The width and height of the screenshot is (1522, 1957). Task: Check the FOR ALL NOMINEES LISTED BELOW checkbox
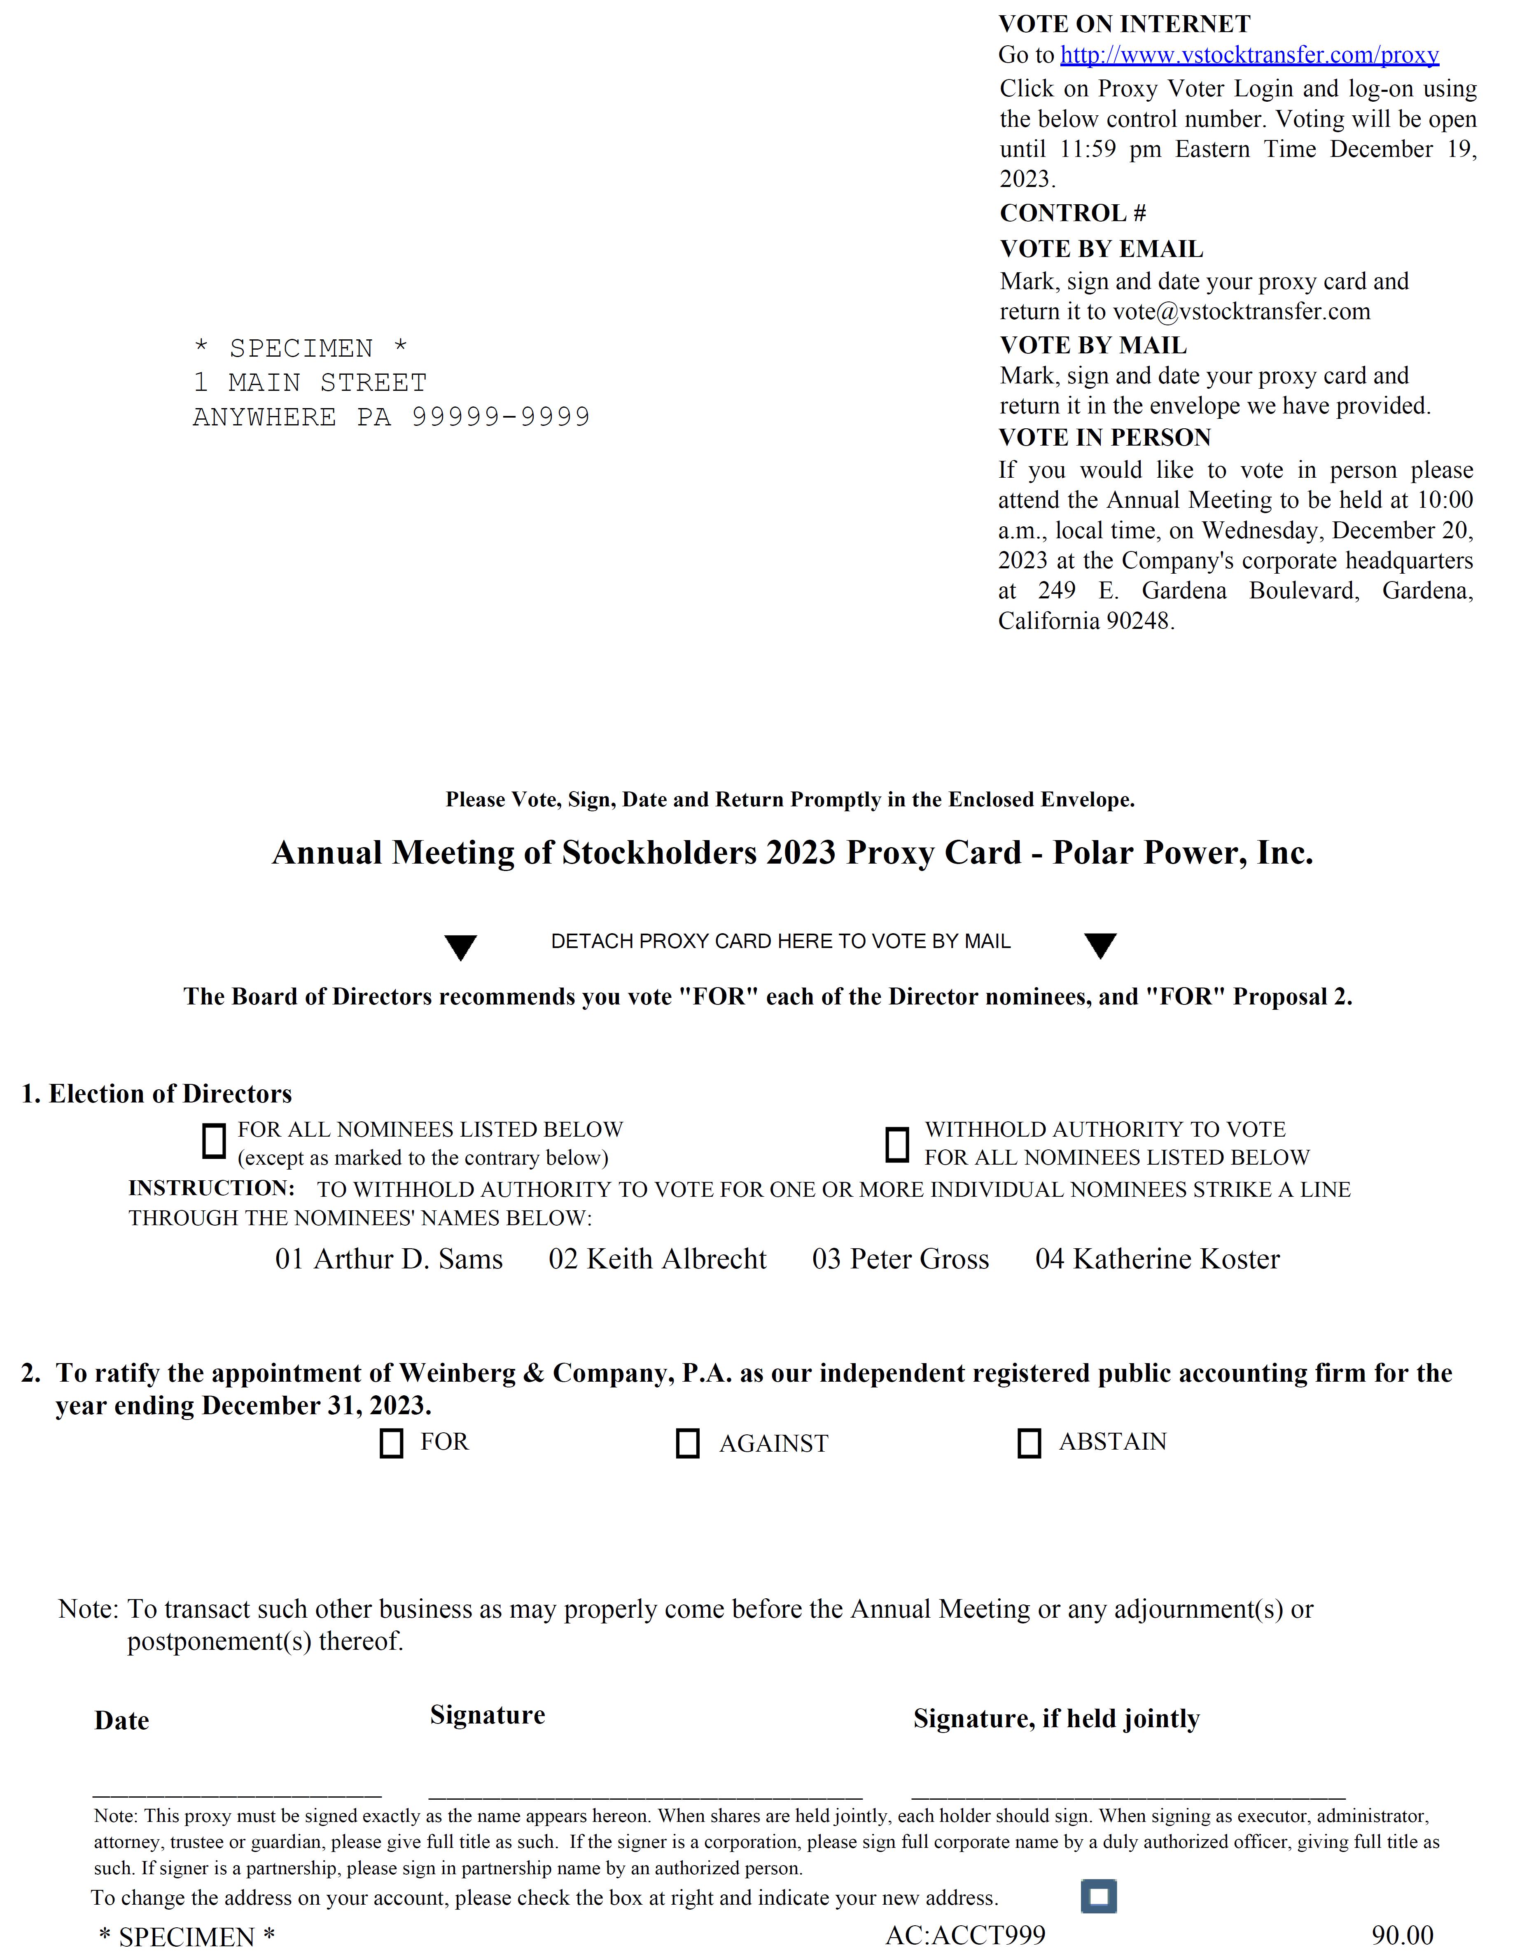click(214, 1142)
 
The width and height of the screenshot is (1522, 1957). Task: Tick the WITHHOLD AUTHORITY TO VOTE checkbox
click(897, 1144)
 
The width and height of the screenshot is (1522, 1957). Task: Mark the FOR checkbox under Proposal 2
click(392, 1443)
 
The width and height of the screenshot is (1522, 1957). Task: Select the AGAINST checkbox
click(687, 1443)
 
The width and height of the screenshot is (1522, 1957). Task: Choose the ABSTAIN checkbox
click(1029, 1443)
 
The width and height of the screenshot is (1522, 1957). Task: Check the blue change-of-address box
click(1099, 1897)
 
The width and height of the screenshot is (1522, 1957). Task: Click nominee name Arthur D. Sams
click(389, 1259)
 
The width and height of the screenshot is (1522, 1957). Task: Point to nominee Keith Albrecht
click(658, 1259)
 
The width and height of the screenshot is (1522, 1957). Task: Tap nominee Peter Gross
click(900, 1259)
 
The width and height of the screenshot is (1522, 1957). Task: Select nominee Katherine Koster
click(1158, 1259)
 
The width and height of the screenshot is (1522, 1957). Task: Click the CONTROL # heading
click(1072, 213)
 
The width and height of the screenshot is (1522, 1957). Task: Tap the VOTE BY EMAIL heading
click(1101, 249)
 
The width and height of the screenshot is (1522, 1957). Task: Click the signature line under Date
click(237, 1795)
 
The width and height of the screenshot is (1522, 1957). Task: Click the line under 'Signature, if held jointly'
click(1128, 1795)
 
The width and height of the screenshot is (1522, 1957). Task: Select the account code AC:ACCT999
click(965, 1936)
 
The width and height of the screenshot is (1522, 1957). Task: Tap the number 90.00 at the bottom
click(1402, 1936)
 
